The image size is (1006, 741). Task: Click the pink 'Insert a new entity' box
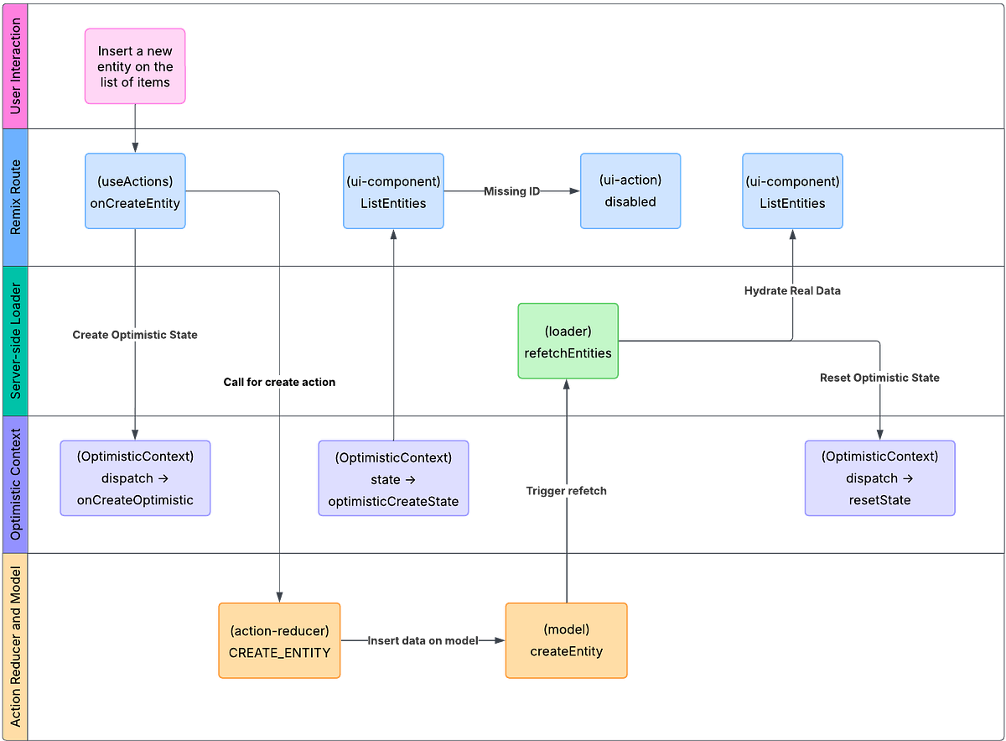pyautogui.click(x=134, y=66)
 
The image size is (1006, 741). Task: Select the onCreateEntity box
pyautogui.click(x=134, y=191)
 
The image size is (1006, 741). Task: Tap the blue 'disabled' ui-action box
pyautogui.click(x=630, y=191)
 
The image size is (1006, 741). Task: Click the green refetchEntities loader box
pyautogui.click(x=568, y=342)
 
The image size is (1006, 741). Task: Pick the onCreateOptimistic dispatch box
pyautogui.click(x=135, y=478)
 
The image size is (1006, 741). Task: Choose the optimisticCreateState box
pyautogui.click(x=393, y=478)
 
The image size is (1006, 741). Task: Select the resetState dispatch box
pyautogui.click(x=879, y=478)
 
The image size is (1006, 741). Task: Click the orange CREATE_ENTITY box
pyautogui.click(x=279, y=640)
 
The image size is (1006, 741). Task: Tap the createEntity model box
pyautogui.click(x=566, y=640)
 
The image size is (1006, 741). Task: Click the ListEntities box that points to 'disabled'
pyautogui.click(x=393, y=191)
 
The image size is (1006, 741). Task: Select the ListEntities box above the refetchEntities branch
pyautogui.click(x=792, y=191)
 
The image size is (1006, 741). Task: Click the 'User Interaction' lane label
pyautogui.click(x=15, y=65)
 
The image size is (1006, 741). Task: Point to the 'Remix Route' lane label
pyautogui.click(x=15, y=198)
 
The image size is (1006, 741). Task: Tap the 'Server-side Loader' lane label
pyautogui.click(x=15, y=342)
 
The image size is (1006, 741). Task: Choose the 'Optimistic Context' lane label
pyautogui.click(x=15, y=484)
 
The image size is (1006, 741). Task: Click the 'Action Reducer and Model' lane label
pyautogui.click(x=15, y=646)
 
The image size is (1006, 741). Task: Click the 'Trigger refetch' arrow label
pyautogui.click(x=566, y=491)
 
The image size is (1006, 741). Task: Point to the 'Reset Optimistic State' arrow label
pyautogui.click(x=880, y=378)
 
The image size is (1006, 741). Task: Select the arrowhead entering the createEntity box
pyautogui.click(x=500, y=640)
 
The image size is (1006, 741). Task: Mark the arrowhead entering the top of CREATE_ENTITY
pyautogui.click(x=279, y=596)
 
